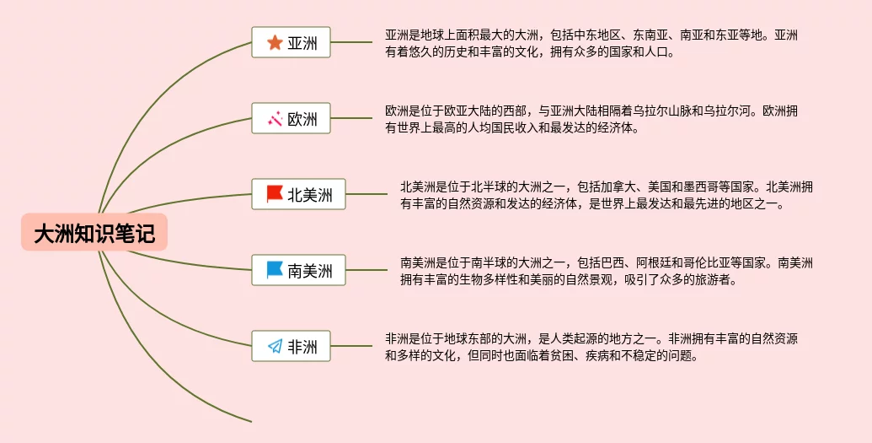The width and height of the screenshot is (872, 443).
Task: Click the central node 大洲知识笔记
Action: coord(94,233)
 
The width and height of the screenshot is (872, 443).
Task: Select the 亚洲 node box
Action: coord(291,42)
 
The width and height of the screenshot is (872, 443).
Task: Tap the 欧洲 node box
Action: coord(291,119)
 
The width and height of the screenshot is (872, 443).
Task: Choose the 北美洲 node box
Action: coord(298,195)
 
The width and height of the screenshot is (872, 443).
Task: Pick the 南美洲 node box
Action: coord(298,270)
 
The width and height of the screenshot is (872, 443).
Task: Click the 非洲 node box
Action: coord(291,346)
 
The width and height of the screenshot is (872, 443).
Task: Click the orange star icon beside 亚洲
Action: coord(275,42)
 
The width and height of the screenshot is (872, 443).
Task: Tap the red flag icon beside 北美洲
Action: coord(275,195)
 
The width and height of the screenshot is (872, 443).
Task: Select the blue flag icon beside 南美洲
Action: coord(275,270)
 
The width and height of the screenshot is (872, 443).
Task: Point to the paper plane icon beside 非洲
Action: coord(275,346)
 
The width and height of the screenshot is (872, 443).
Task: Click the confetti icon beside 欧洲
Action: coord(275,119)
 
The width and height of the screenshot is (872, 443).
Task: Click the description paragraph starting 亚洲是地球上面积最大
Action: coord(590,43)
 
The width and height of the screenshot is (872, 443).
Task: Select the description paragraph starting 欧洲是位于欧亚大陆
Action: coord(590,119)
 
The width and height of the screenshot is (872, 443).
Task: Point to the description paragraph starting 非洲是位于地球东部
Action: coord(590,347)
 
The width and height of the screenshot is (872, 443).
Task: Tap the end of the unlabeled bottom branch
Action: coord(249,419)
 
